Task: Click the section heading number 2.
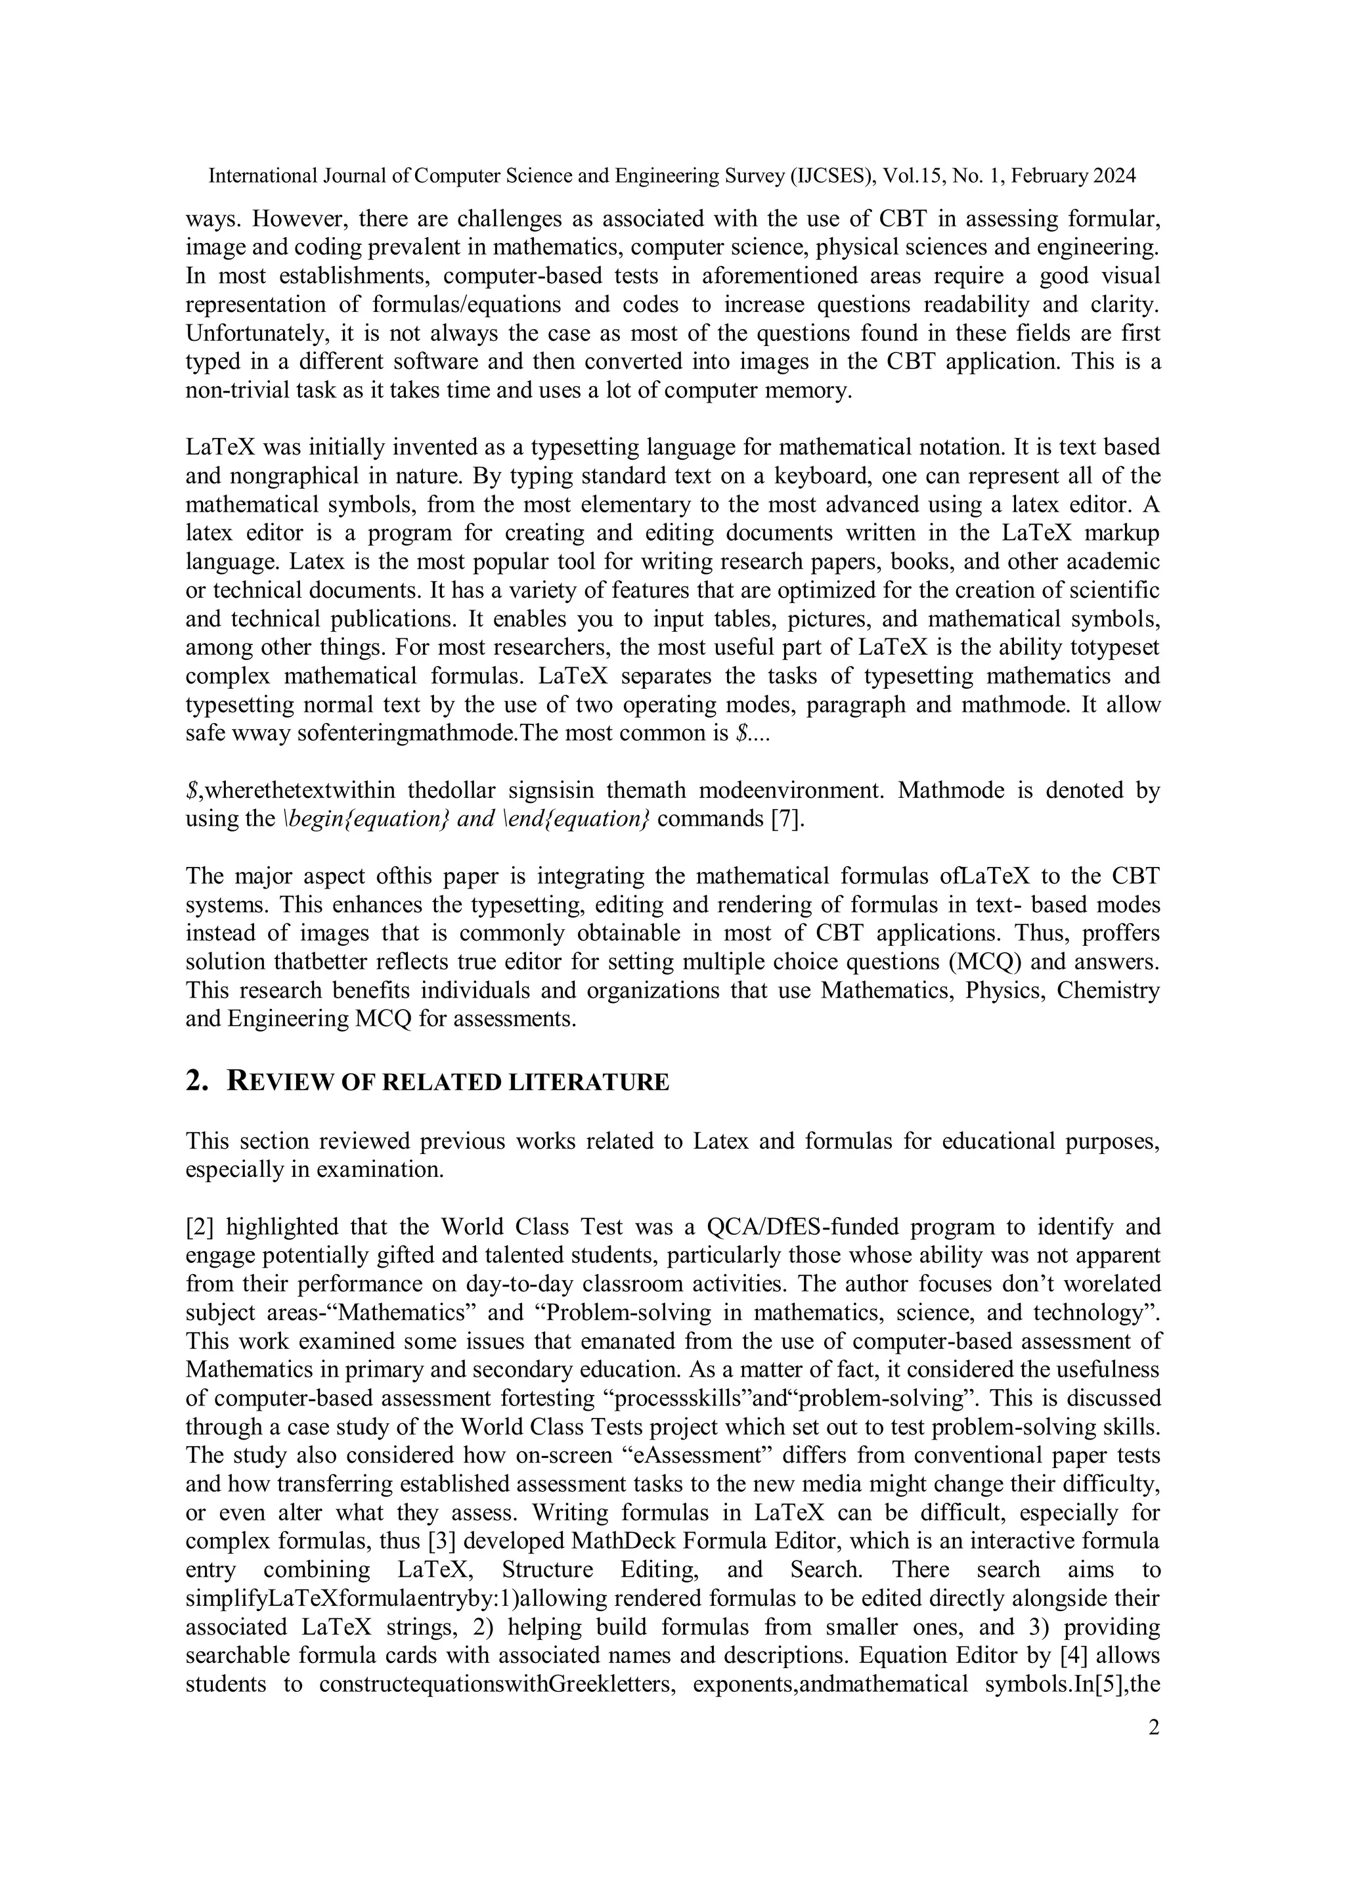point(196,1081)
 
